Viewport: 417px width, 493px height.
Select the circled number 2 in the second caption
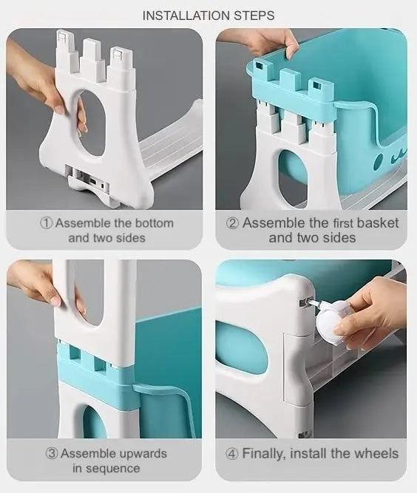pyautogui.click(x=233, y=223)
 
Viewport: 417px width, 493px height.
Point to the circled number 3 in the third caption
pyautogui.click(x=52, y=453)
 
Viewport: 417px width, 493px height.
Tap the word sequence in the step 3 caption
pyautogui.click(x=115, y=469)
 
